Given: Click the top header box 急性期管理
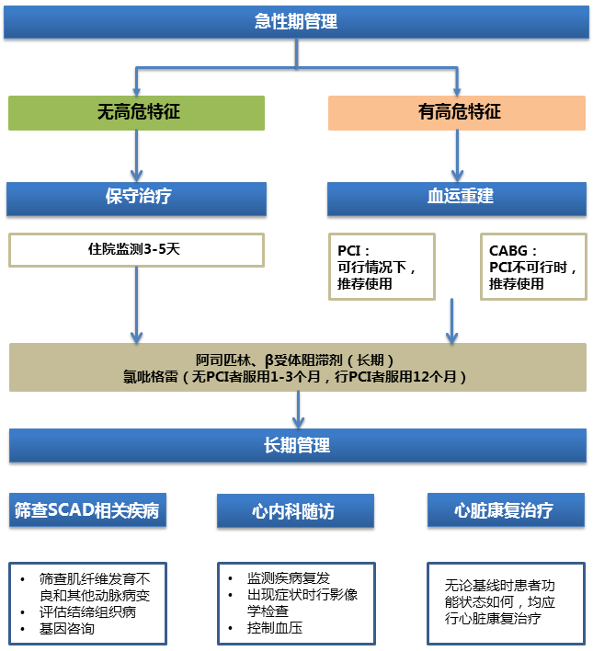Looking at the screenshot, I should point(296,22).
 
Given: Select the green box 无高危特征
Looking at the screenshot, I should point(137,112).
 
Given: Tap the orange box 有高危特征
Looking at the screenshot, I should point(457,112).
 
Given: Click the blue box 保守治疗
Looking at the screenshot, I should point(137,197).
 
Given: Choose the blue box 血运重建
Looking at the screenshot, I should point(457,197).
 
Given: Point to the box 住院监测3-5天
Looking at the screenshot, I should point(137,249).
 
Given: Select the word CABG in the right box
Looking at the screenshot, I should point(508,250).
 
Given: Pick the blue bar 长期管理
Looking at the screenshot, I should point(296,446).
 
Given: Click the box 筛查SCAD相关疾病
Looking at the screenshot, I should point(87,511).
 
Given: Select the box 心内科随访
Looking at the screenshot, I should point(295,511).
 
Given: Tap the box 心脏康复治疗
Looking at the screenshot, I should point(505,510).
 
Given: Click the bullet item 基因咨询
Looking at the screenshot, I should point(66,630).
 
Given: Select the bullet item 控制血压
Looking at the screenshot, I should point(274,630).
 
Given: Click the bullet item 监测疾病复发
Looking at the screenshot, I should point(285,578).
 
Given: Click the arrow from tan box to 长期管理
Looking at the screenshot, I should point(297,408).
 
